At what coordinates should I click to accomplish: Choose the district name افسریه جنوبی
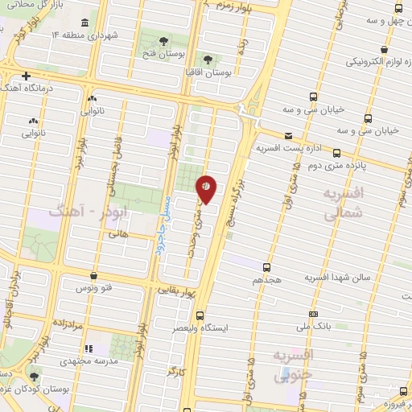293,365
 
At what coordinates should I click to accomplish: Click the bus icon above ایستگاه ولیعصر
200,315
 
